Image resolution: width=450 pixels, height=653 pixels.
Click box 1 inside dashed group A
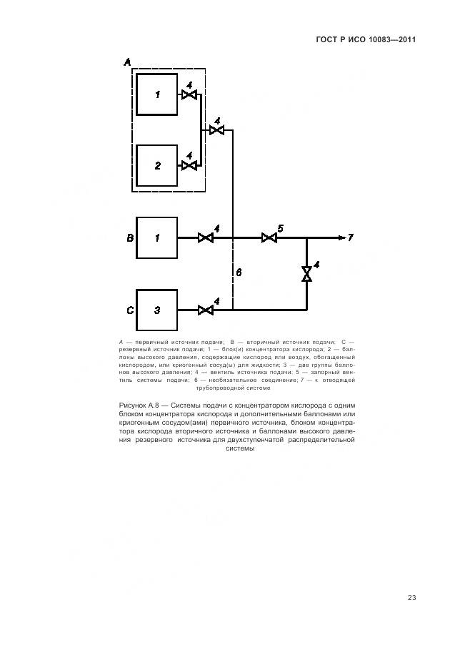157,94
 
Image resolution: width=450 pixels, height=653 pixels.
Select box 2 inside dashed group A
157,165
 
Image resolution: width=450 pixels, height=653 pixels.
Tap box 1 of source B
156,237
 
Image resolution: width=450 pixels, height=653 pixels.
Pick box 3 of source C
156,310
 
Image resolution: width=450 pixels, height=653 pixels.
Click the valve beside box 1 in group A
189,94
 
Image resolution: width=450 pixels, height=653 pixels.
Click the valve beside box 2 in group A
189,165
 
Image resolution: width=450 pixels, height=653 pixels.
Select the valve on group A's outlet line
217,130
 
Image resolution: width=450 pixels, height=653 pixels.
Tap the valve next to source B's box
206,237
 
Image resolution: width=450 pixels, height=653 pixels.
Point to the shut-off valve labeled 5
269,237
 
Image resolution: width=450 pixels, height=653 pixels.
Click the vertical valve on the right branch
306,274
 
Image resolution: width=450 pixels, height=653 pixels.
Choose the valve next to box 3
206,310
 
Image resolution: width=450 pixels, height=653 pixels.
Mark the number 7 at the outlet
351,237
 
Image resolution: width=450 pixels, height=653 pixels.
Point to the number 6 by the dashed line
239,273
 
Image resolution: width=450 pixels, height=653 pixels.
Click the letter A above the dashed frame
127,62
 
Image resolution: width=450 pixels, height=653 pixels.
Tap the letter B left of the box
130,237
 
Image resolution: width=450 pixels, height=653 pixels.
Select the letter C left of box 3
130,310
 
